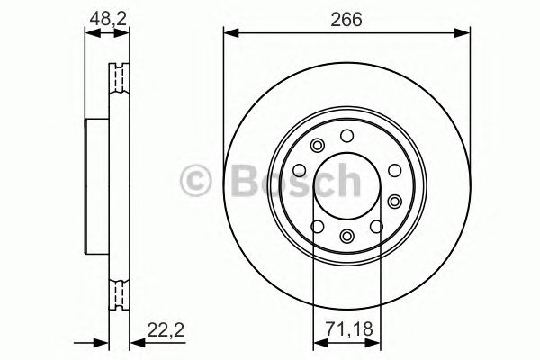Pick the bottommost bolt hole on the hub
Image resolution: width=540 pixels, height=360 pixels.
[x=346, y=237]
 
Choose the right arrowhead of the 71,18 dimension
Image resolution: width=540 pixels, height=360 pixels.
[x=375, y=342]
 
